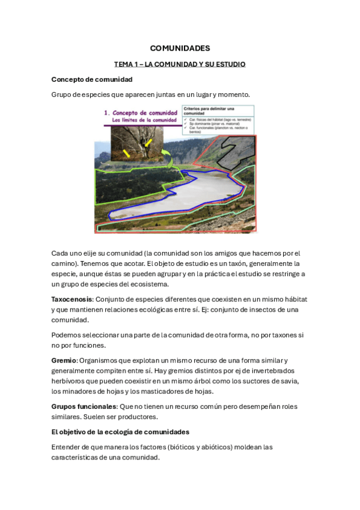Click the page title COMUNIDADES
[180, 48]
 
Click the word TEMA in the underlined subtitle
[123, 64]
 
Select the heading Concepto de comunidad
[92, 79]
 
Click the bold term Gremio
[64, 360]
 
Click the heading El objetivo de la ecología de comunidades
[120, 432]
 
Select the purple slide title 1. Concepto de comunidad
[140, 112]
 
